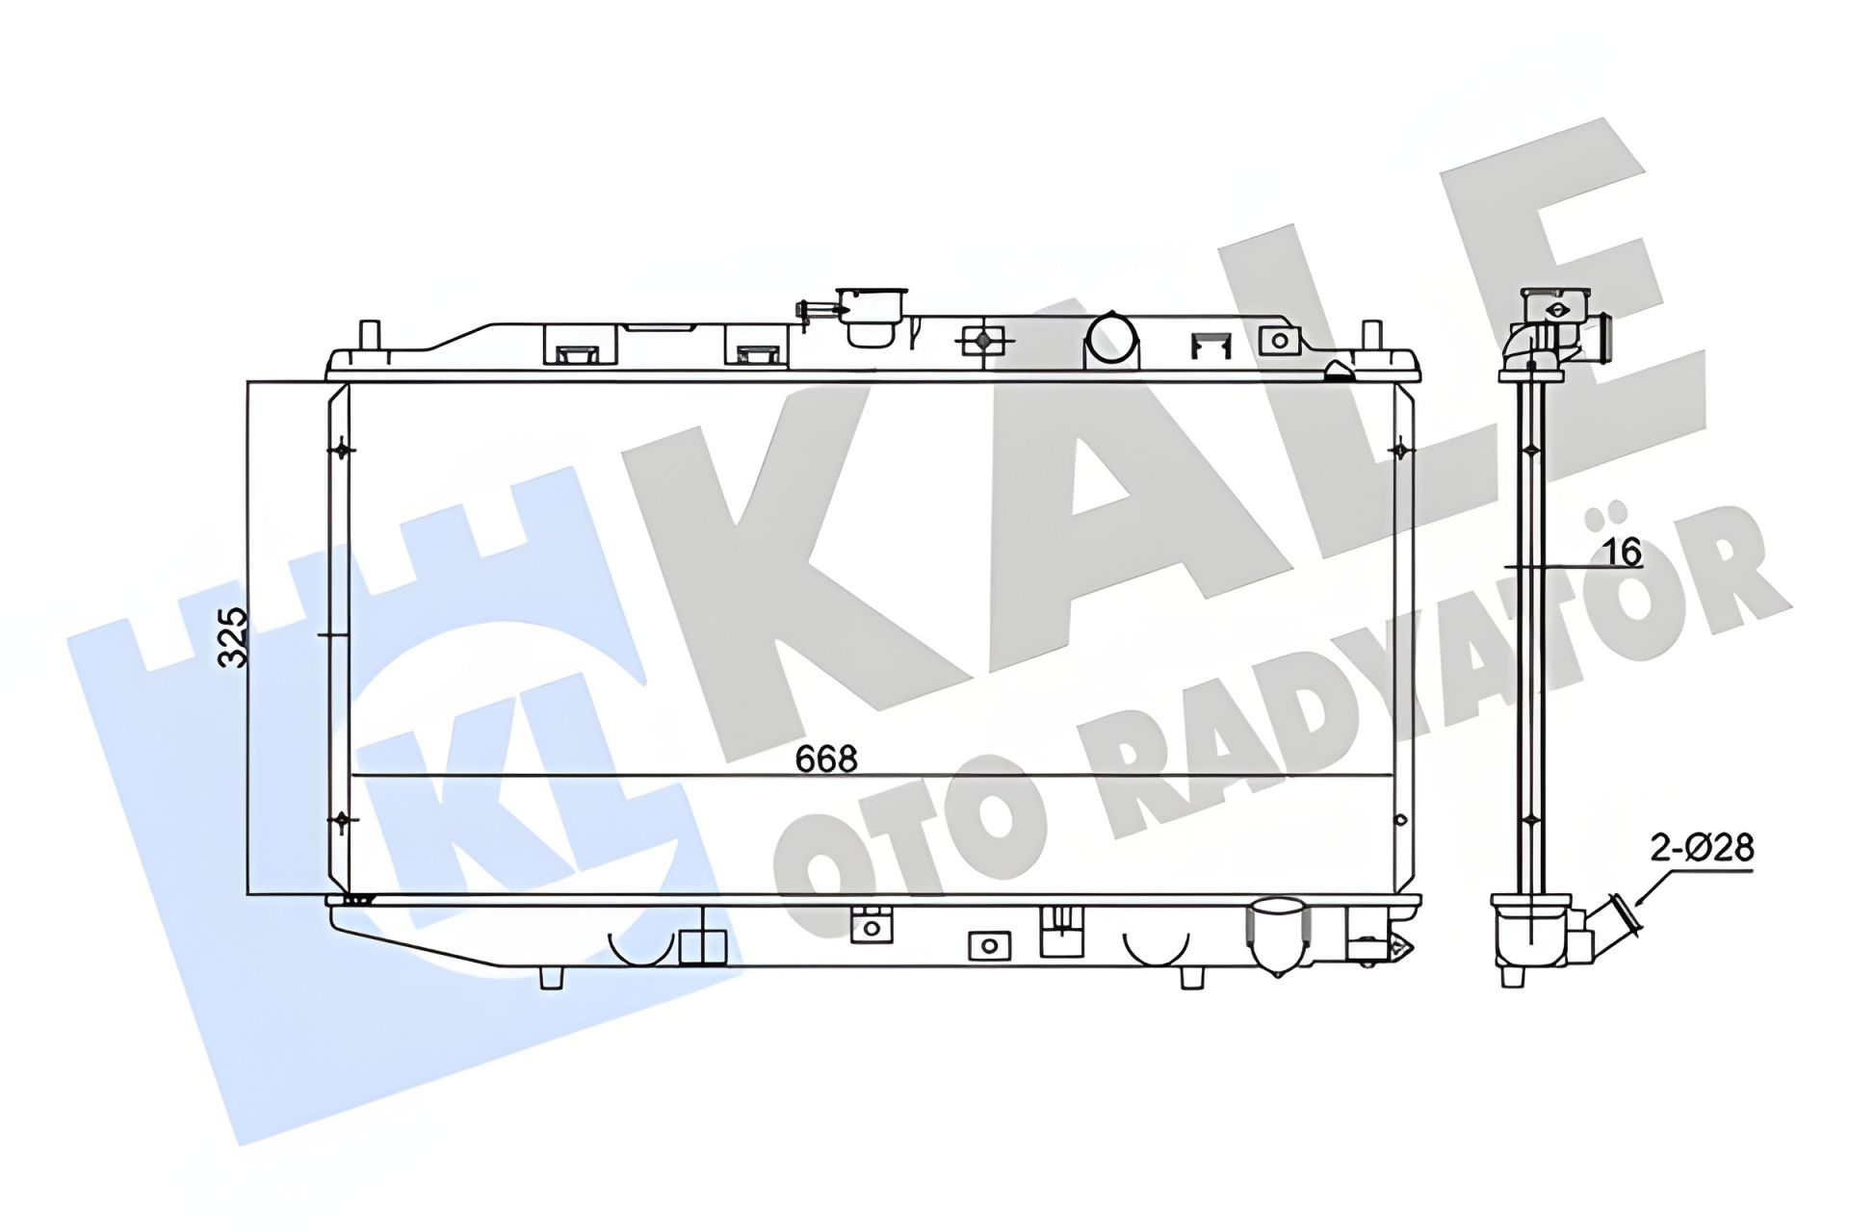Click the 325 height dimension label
233,638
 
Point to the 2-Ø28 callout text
1702,849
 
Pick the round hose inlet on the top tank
1111,338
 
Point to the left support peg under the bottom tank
551,977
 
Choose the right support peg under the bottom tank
1191,977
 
